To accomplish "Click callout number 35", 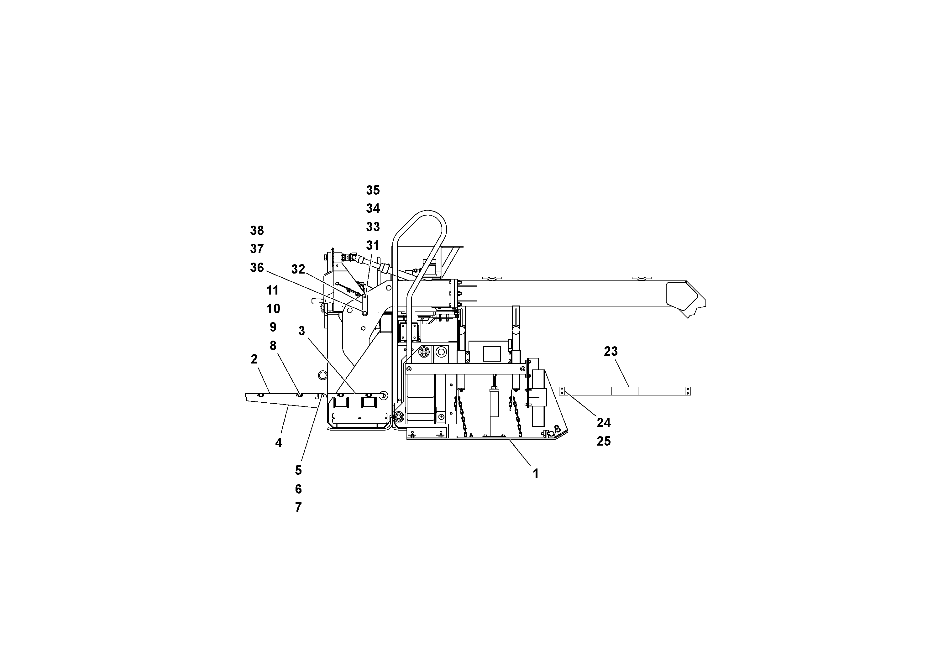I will click(373, 190).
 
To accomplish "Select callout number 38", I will click(257, 231).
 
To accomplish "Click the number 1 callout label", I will click(536, 474).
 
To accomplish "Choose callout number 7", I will click(298, 507).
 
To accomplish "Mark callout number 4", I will click(278, 443).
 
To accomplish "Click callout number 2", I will click(254, 359).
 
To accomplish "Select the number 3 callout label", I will click(301, 331).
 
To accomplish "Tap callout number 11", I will click(273, 290).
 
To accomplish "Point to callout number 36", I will click(257, 268).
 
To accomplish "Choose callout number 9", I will click(273, 327).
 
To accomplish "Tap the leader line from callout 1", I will click(519, 452).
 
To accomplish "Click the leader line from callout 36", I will click(313, 290).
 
